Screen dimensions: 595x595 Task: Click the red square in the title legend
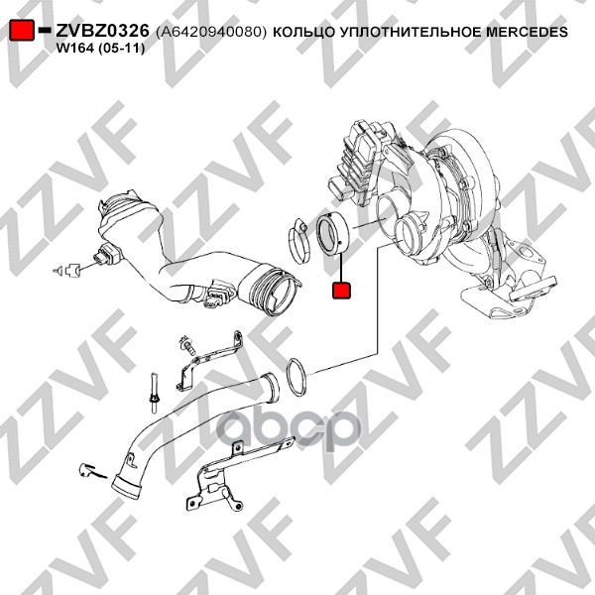click(x=22, y=30)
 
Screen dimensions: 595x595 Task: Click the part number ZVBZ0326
click(x=102, y=31)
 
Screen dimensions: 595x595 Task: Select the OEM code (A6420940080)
click(x=211, y=32)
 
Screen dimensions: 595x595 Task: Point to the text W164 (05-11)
click(x=100, y=49)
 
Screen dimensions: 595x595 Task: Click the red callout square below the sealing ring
click(x=341, y=290)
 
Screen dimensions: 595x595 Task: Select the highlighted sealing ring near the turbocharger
click(x=332, y=234)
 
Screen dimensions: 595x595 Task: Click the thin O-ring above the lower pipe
click(x=297, y=377)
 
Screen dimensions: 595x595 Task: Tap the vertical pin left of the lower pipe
click(x=154, y=393)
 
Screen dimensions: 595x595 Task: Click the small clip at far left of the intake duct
click(x=66, y=270)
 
